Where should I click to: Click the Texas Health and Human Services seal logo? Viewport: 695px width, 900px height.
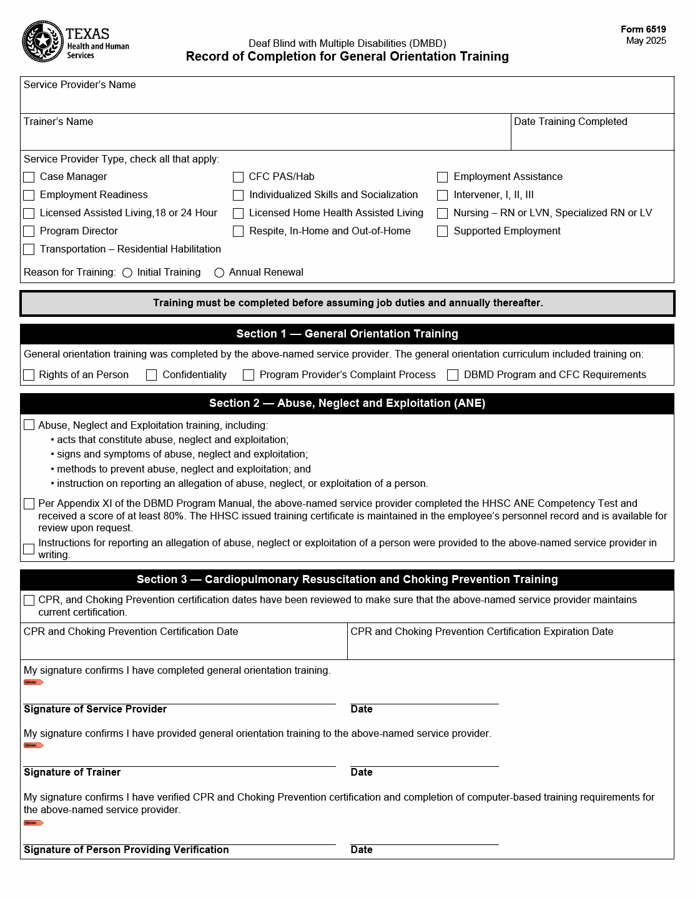(x=42, y=42)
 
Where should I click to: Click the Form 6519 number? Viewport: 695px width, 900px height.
(x=643, y=29)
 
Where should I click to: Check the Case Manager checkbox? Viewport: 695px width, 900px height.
(x=29, y=177)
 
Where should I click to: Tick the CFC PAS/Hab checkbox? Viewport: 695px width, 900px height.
(x=238, y=177)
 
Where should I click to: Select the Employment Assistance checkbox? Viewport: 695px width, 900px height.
(x=442, y=177)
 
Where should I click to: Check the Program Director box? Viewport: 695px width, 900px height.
(x=29, y=232)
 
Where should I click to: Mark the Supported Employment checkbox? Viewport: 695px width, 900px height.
(x=442, y=232)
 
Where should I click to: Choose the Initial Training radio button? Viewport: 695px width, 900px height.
(x=127, y=273)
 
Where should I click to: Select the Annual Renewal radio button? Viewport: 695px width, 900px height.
(x=219, y=273)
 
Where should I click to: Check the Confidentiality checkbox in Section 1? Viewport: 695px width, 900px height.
(x=151, y=375)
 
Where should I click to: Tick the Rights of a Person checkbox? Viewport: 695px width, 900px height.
(x=29, y=375)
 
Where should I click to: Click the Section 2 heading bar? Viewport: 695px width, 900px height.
(x=347, y=404)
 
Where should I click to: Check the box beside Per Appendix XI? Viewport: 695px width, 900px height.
(x=29, y=504)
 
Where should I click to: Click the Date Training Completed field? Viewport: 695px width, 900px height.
(x=592, y=137)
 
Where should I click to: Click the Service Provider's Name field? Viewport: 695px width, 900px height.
(x=347, y=101)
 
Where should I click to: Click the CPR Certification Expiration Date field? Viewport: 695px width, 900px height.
(x=510, y=647)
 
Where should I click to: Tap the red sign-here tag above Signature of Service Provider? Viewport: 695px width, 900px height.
(x=33, y=682)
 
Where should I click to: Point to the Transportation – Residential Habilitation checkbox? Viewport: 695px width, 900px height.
(x=29, y=250)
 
